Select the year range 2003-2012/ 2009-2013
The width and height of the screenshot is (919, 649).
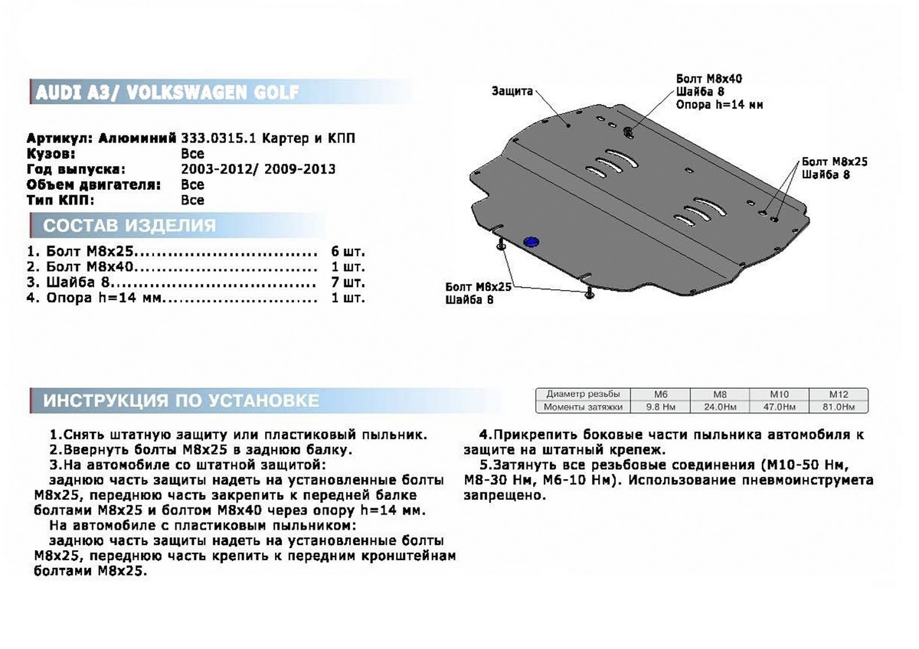[x=258, y=169]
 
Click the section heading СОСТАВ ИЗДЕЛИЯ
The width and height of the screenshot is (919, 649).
[x=129, y=226]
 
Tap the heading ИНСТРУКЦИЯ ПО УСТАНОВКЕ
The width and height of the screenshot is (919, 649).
[x=181, y=400]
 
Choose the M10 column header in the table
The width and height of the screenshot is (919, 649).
[x=779, y=394]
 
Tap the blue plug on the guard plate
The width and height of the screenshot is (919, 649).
[x=530, y=242]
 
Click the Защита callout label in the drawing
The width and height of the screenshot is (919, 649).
[x=512, y=91]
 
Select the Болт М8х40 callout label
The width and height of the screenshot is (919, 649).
[x=709, y=79]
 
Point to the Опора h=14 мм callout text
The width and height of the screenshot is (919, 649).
[x=719, y=105]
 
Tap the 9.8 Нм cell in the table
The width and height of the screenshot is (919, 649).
[x=659, y=407]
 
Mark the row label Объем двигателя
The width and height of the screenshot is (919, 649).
[x=94, y=184]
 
